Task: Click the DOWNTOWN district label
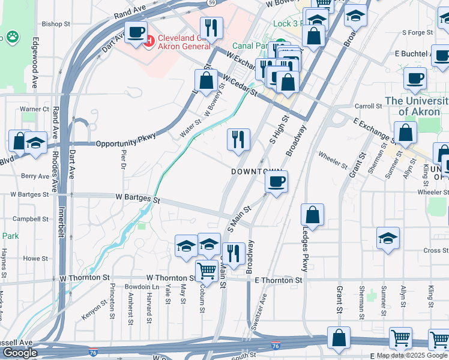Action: (257, 172)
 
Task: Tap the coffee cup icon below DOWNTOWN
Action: (276, 181)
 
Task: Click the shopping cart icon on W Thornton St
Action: (206, 271)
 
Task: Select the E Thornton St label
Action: (278, 280)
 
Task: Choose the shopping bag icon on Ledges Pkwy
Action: (313, 214)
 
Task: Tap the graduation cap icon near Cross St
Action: (388, 238)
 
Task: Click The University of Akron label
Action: (417, 106)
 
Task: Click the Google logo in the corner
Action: (20, 353)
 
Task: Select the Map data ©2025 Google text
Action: (412, 356)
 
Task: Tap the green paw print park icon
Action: (11, 37)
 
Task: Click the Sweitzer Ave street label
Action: (260, 311)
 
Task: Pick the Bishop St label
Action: (56, 25)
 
